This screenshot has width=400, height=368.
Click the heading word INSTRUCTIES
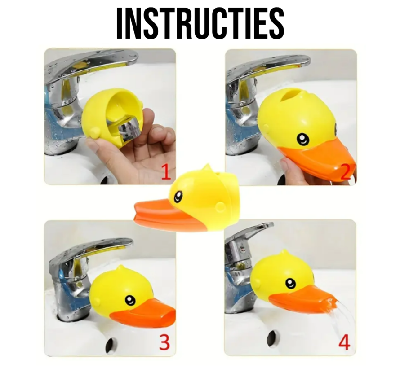[200, 23]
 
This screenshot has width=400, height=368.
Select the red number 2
[346, 172]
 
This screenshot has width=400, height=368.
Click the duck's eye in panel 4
[290, 283]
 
